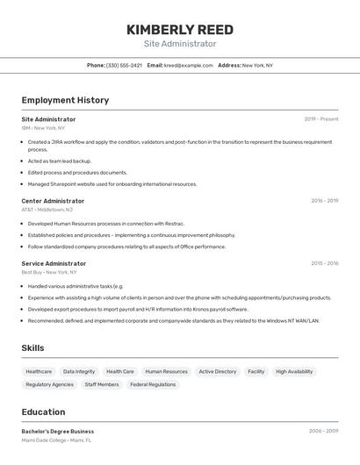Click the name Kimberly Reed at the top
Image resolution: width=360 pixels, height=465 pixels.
click(180, 30)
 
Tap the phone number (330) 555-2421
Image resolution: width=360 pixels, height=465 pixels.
click(124, 65)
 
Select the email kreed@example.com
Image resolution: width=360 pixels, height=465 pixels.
click(189, 65)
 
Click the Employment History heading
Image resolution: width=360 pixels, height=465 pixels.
click(65, 100)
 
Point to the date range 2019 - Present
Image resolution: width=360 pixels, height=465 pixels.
click(321, 118)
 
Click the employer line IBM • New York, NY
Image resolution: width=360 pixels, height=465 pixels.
click(43, 127)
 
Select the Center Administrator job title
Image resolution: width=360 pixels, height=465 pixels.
click(53, 201)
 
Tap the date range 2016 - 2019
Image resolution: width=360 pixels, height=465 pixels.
click(324, 201)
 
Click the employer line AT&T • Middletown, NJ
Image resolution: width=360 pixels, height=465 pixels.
click(47, 210)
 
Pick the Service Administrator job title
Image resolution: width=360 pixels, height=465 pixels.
click(54, 263)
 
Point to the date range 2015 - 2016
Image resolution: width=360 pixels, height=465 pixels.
click(324, 263)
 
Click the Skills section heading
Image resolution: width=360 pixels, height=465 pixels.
click(32, 348)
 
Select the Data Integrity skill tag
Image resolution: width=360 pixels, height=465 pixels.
click(79, 371)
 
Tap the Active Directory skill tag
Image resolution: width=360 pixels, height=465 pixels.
click(217, 371)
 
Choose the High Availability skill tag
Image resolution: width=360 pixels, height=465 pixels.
click(294, 371)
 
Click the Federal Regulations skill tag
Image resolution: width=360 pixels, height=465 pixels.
click(153, 384)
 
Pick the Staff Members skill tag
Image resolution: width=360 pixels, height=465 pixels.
click(102, 384)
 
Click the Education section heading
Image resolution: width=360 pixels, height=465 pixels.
click(43, 411)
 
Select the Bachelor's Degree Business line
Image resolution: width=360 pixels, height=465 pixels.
click(57, 431)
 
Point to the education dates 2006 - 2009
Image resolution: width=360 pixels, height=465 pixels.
click(324, 431)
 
